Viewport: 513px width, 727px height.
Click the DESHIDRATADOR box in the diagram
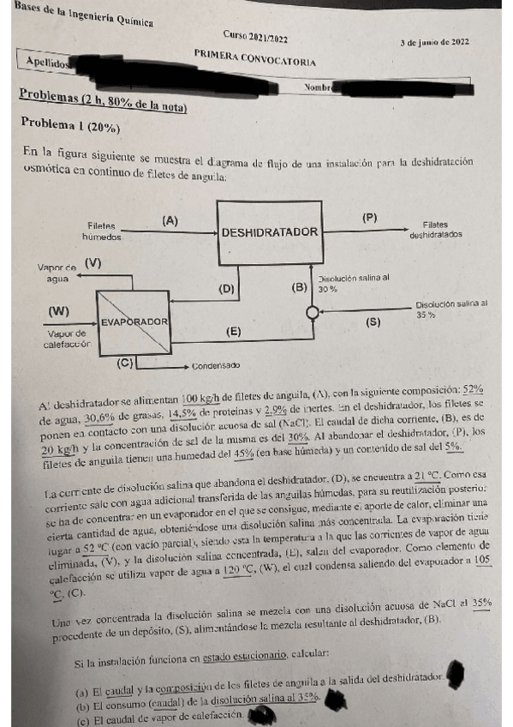coord(270,232)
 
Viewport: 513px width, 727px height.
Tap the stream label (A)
coord(170,220)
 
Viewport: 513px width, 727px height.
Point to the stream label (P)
coord(369,218)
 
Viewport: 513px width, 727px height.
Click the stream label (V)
coord(92,263)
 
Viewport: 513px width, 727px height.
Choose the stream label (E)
coord(232,330)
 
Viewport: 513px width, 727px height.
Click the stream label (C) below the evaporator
coord(126,363)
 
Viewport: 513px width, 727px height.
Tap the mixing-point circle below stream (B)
coord(312,313)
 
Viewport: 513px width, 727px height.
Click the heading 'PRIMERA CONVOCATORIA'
coord(254,58)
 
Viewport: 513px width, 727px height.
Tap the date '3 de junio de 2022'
coord(434,42)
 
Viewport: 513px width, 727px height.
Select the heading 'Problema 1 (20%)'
coord(71,123)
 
